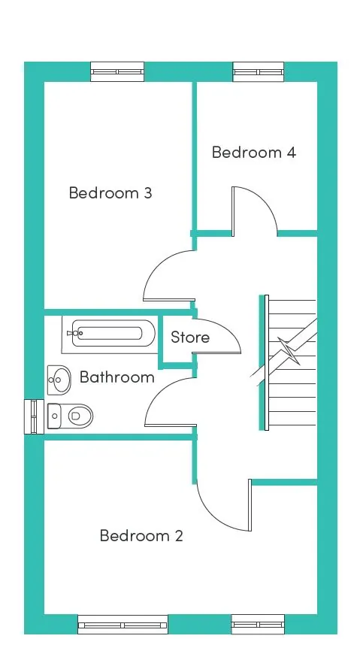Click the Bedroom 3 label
pos(110,192)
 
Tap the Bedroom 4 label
pos(253,152)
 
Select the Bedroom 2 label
pos(141,536)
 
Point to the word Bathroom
pos(117,377)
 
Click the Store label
pos(190,338)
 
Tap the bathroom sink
pos(59,380)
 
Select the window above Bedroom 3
pos(117,72)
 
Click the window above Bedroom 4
pos(259,72)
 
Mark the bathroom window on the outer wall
pos(34,416)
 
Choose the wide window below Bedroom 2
pos(123,625)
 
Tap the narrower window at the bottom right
pos(258,625)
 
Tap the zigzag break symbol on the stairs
pos(289,350)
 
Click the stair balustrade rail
pos(267,363)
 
